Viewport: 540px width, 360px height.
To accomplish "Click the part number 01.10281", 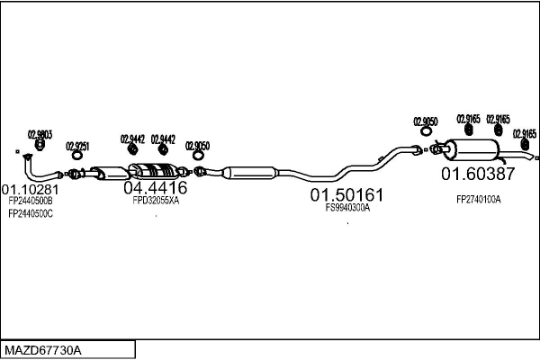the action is click(31, 190).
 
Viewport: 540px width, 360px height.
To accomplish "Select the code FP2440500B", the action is click(31, 202).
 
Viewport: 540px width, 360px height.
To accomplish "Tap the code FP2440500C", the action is click(31, 213).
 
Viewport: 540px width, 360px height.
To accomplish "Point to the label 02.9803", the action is click(40, 134).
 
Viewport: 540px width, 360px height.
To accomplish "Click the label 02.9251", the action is click(77, 146).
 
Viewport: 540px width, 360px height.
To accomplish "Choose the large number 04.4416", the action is click(155, 188).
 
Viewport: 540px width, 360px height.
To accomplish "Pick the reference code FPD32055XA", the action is click(155, 202).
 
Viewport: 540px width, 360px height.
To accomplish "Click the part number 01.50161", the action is click(347, 194).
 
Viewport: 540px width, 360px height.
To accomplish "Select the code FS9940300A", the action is click(347, 208).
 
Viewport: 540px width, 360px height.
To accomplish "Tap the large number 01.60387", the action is click(477, 174).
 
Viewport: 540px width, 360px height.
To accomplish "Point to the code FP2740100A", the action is click(478, 199).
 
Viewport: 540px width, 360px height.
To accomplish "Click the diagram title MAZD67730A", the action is click(42, 349).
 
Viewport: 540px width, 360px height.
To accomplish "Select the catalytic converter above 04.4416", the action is click(152, 171).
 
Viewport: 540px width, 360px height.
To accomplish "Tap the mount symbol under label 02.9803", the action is click(40, 145).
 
